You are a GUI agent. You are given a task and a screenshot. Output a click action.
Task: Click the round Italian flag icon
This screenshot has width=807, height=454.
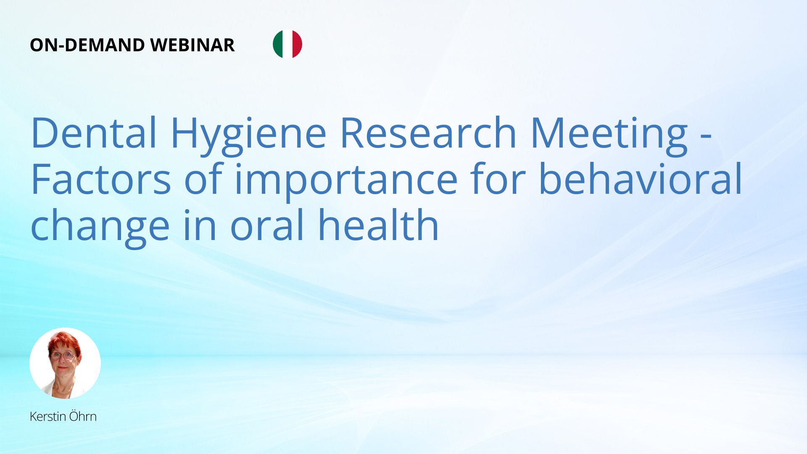pyautogui.click(x=287, y=44)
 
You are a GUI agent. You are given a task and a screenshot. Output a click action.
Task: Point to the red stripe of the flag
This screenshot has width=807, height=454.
pyautogui.click(x=298, y=44)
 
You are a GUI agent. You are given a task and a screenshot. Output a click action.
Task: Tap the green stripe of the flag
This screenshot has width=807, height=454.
pyautogui.click(x=277, y=44)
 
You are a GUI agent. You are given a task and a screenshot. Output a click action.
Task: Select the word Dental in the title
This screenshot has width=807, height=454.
pyautogui.click(x=94, y=133)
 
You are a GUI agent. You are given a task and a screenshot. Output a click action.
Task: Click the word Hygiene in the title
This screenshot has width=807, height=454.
pyautogui.click(x=248, y=136)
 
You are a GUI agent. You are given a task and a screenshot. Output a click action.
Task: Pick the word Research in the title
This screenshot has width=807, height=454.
pyautogui.click(x=428, y=133)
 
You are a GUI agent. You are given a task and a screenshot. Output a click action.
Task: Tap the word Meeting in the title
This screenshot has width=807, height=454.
pyautogui.click(x=609, y=136)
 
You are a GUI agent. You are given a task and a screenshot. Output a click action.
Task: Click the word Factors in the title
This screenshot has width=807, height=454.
pyautogui.click(x=101, y=179)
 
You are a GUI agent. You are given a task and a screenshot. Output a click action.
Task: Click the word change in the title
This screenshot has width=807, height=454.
pyautogui.click(x=100, y=228)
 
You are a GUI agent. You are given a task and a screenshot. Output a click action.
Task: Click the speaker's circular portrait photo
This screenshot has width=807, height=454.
pyautogui.click(x=65, y=363)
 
